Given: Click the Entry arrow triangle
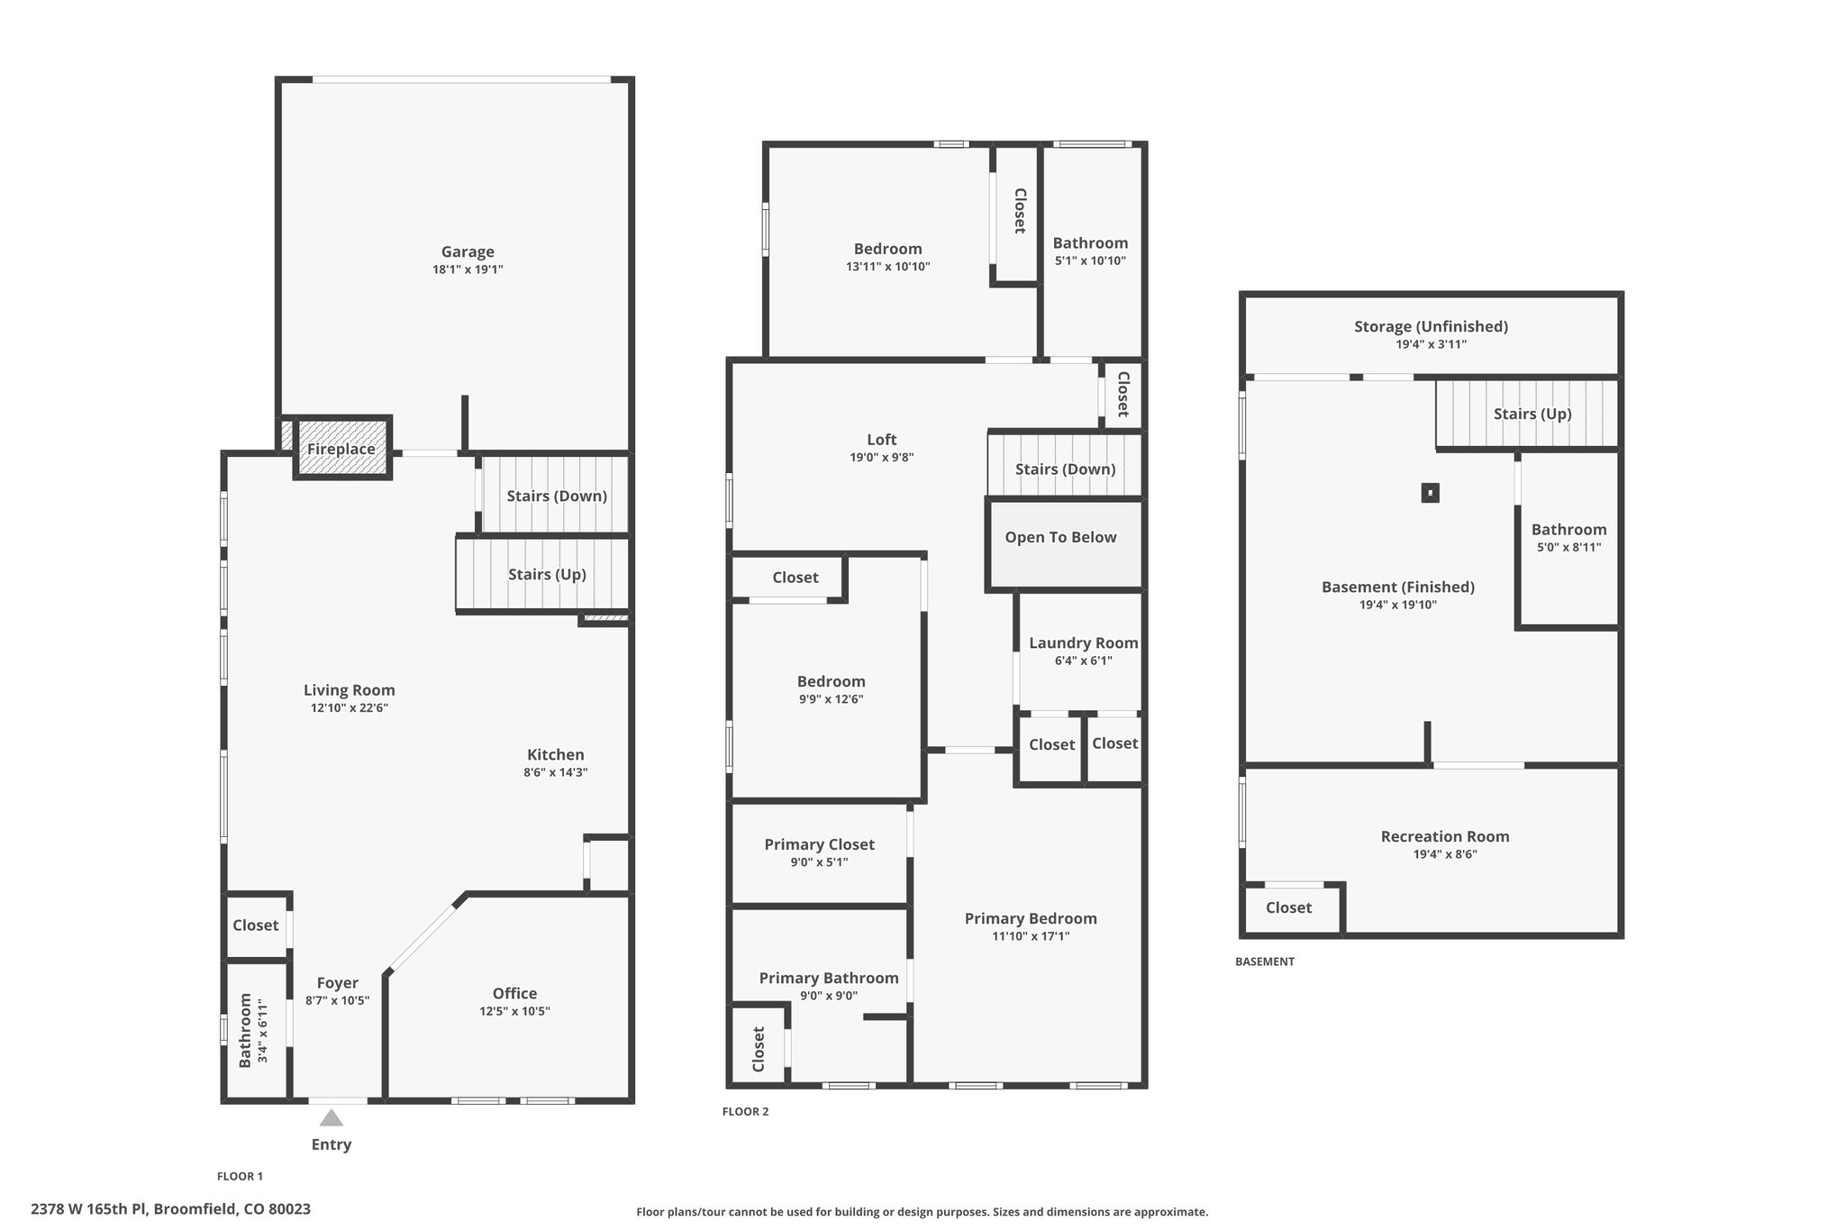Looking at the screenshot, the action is (x=332, y=1117).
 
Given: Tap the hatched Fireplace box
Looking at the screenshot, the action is (x=342, y=448).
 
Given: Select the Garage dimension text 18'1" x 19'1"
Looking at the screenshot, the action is (x=468, y=269).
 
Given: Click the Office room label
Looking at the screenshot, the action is (x=514, y=993).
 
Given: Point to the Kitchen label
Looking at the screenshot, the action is (x=556, y=755).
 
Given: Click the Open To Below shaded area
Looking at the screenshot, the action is (x=1064, y=545).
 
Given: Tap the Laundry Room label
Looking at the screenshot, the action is (x=1084, y=643).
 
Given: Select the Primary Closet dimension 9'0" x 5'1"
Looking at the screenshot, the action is (x=819, y=862).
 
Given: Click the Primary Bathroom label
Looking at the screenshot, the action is (x=829, y=978).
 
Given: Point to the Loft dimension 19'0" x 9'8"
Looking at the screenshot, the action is (x=882, y=457).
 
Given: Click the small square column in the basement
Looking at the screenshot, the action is (x=1430, y=493).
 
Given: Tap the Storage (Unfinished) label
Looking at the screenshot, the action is (x=1431, y=326).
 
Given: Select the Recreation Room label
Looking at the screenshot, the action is (x=1445, y=836).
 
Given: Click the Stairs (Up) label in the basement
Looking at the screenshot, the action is (x=1532, y=414).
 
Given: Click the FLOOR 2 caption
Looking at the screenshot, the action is (x=746, y=1112).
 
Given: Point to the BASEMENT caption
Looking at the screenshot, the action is (x=1265, y=961).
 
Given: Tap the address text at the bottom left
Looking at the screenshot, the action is (x=171, y=1209).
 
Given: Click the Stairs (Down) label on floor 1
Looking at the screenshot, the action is (x=557, y=496).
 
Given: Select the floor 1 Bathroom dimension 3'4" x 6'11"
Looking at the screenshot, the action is (x=263, y=1030).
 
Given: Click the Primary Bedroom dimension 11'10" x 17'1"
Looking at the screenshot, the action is (x=1031, y=936).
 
